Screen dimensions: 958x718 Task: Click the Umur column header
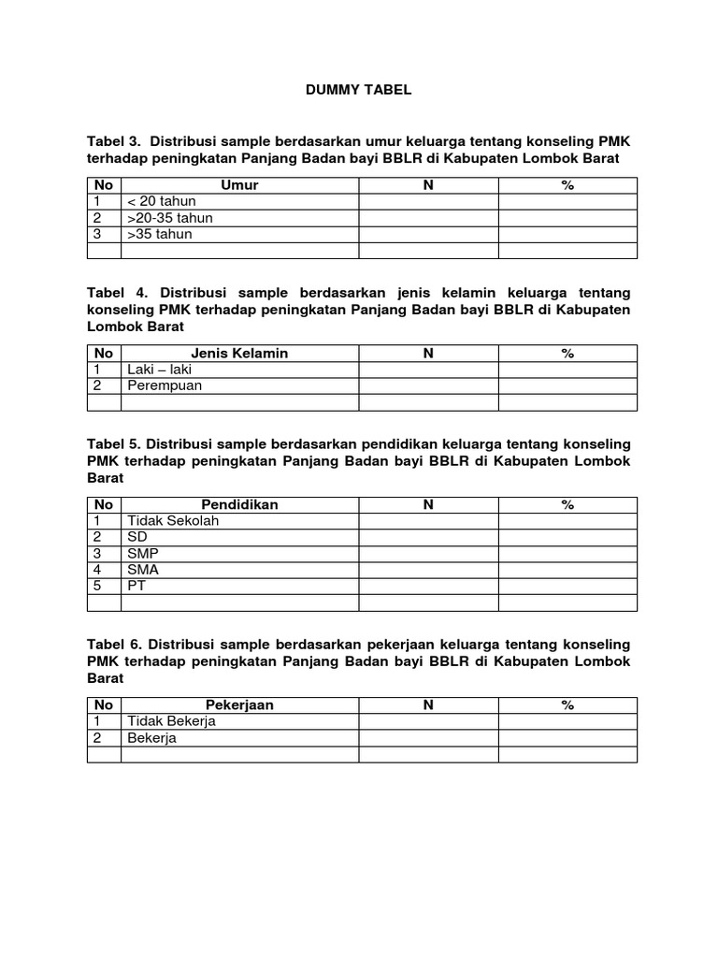(x=239, y=185)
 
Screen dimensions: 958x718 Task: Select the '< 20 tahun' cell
(x=160, y=201)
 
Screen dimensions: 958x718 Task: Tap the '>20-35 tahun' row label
(x=170, y=218)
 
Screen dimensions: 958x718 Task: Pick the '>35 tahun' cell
(x=160, y=234)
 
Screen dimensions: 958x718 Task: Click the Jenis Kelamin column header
(x=239, y=353)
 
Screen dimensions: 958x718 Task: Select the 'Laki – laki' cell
(x=160, y=370)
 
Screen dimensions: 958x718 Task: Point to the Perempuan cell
(x=165, y=385)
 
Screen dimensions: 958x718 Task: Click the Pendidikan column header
(x=239, y=504)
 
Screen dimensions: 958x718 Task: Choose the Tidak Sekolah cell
(x=173, y=520)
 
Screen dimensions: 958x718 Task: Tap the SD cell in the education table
(x=137, y=537)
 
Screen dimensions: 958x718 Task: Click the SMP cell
(x=142, y=553)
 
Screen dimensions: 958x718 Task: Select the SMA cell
(x=142, y=570)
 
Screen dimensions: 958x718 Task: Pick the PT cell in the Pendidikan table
(x=136, y=586)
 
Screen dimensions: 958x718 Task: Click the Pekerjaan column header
(x=239, y=704)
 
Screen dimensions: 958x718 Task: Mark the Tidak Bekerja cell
(x=171, y=721)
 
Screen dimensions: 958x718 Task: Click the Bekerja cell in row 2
(x=151, y=738)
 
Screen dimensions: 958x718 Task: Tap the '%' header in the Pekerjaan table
(x=567, y=704)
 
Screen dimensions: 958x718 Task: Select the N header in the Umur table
(x=428, y=185)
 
